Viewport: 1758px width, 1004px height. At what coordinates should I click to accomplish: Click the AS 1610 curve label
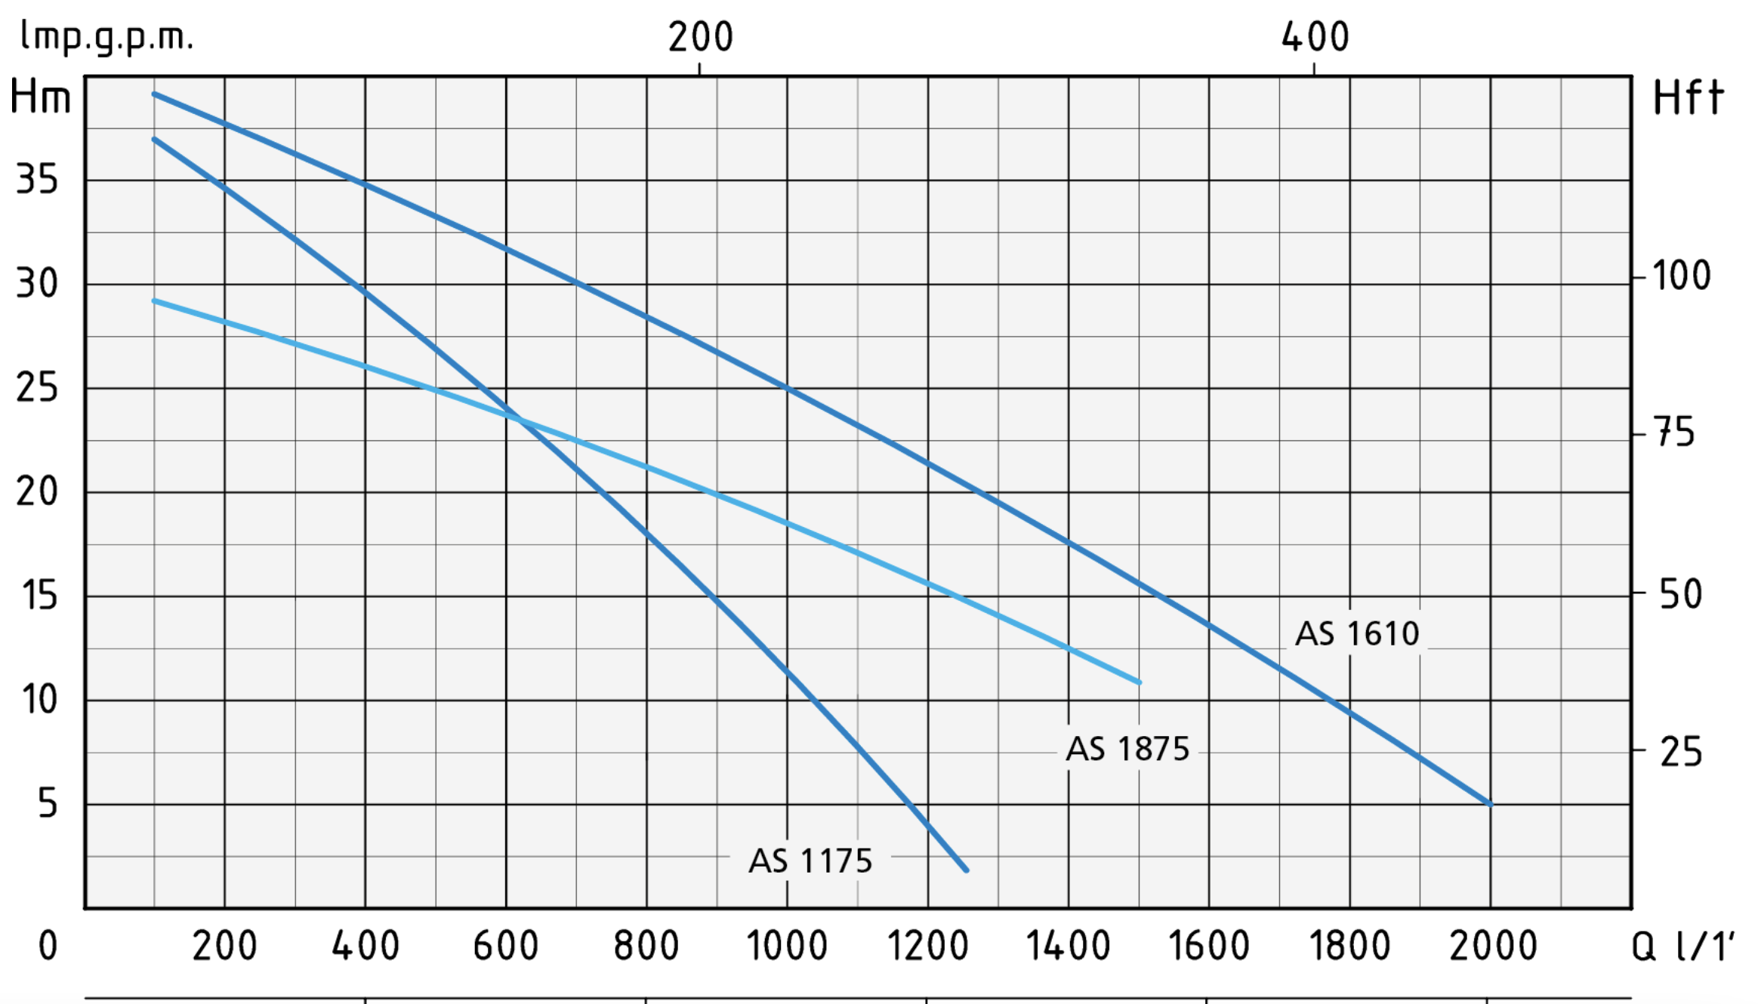coord(1357,633)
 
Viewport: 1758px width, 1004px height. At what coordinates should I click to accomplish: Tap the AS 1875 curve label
coord(1127,749)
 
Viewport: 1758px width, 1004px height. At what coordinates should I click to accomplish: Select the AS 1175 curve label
coord(810,861)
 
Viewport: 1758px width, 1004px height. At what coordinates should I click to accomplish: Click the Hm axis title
coord(41,98)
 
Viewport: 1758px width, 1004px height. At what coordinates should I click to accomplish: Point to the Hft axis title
coord(1689,98)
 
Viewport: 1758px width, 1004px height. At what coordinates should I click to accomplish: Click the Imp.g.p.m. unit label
coord(106,36)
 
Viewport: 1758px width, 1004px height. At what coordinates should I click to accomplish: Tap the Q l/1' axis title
coord(1682,946)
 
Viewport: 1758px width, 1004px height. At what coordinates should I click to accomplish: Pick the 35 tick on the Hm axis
coord(37,180)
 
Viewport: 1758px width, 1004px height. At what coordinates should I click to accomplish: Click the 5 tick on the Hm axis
coord(48,803)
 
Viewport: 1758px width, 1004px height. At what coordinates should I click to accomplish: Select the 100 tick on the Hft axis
coord(1681,276)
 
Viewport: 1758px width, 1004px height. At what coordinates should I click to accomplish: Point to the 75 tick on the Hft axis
coord(1675,433)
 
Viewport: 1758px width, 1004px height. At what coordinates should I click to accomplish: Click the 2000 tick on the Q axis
coord(1493,946)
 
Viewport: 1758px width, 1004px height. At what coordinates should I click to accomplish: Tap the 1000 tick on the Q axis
coord(787,946)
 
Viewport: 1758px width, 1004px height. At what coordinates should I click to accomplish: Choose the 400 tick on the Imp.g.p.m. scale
coord(1315,37)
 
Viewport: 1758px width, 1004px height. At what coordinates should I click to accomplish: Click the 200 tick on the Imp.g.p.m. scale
coord(700,37)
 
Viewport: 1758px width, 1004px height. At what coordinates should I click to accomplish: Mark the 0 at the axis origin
coord(48,946)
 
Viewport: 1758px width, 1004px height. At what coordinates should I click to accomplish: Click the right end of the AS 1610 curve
coord(1490,804)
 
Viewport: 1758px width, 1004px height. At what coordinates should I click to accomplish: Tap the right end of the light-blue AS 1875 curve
coord(1139,682)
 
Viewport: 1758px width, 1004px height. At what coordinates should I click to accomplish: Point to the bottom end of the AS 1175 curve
coord(966,870)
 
